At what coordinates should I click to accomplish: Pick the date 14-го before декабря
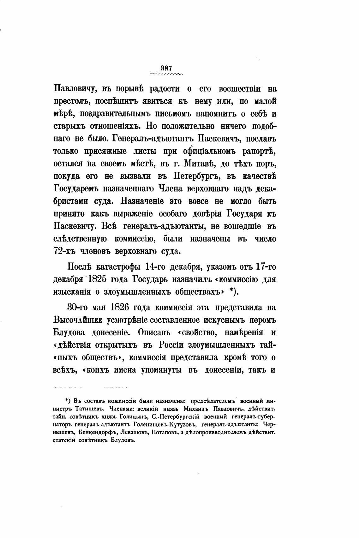click(x=155, y=267)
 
